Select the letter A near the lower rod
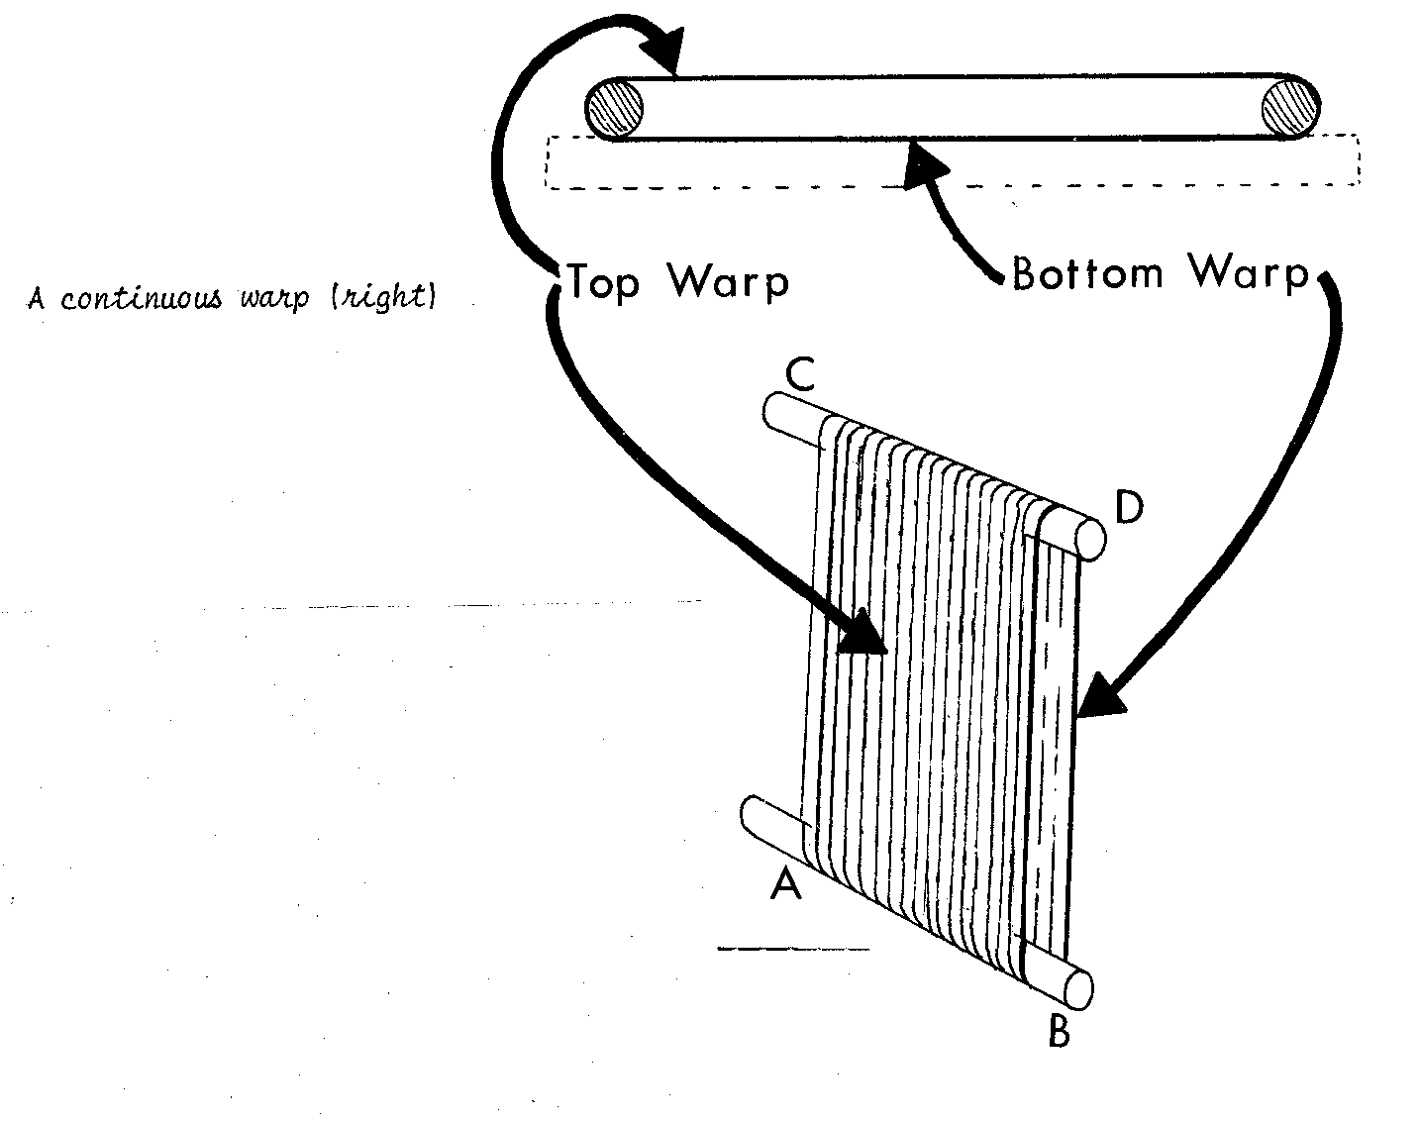[785, 884]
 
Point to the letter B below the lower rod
[1058, 1032]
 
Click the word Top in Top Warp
[603, 282]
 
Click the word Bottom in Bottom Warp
[1086, 272]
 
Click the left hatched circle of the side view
[615, 106]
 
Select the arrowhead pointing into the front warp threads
[862, 634]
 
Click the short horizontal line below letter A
[792, 950]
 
